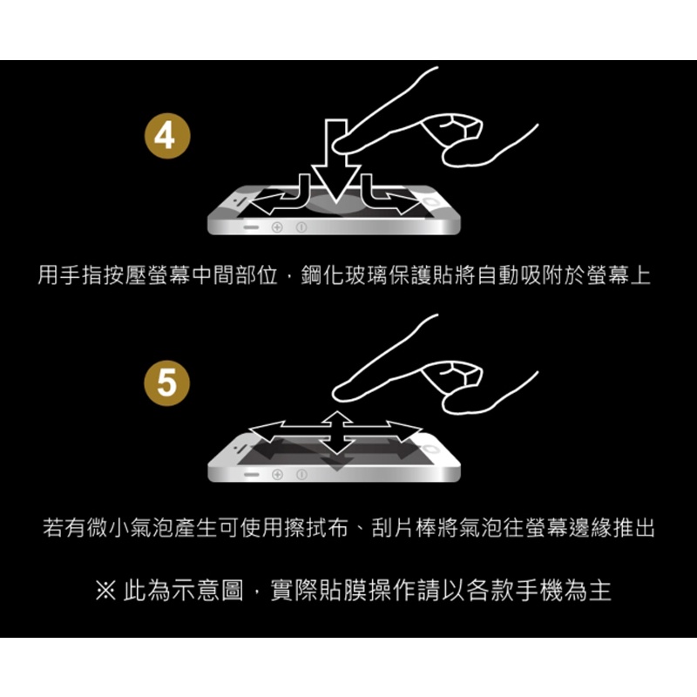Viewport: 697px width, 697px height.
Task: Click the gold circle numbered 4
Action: pyautogui.click(x=167, y=136)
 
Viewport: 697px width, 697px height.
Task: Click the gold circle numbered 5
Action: pyautogui.click(x=167, y=383)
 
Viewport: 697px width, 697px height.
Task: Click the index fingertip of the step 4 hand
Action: pyautogui.click(x=339, y=145)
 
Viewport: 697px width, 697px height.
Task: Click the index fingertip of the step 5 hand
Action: pyautogui.click(x=339, y=393)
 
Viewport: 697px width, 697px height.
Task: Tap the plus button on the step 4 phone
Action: pyautogui.click(x=277, y=227)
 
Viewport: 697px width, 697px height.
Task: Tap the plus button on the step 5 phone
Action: pyautogui.click(x=277, y=475)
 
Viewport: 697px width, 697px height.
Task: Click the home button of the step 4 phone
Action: pyautogui.click(x=431, y=202)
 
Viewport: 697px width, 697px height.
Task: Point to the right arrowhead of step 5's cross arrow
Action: pyautogui.click(x=403, y=430)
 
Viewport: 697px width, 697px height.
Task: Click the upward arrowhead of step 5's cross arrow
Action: pyautogui.click(x=336, y=418)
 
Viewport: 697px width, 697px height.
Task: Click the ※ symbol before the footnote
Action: pyautogui.click(x=105, y=591)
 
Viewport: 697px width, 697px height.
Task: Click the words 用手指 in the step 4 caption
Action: pyautogui.click(x=71, y=275)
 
